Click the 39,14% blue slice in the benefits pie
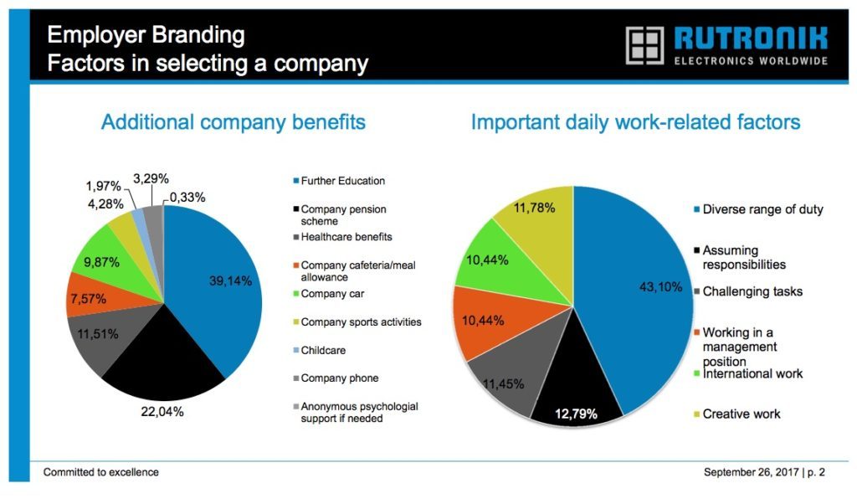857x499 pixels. coord(218,284)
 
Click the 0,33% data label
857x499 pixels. coord(187,198)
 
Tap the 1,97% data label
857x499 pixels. coord(103,187)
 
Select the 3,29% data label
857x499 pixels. coord(151,178)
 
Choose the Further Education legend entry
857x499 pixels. coord(339,181)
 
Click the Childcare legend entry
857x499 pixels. coord(319,350)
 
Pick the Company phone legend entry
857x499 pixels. coord(336,378)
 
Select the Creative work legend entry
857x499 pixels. coord(736,414)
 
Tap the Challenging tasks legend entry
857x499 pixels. coord(747,291)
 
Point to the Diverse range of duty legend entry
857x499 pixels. coord(758,209)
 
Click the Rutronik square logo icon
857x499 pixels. coord(645,45)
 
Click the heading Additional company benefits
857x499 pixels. coord(233,122)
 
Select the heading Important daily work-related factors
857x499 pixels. coord(636,122)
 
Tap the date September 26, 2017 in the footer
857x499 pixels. coord(751,472)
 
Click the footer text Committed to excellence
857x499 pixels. coord(101,472)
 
